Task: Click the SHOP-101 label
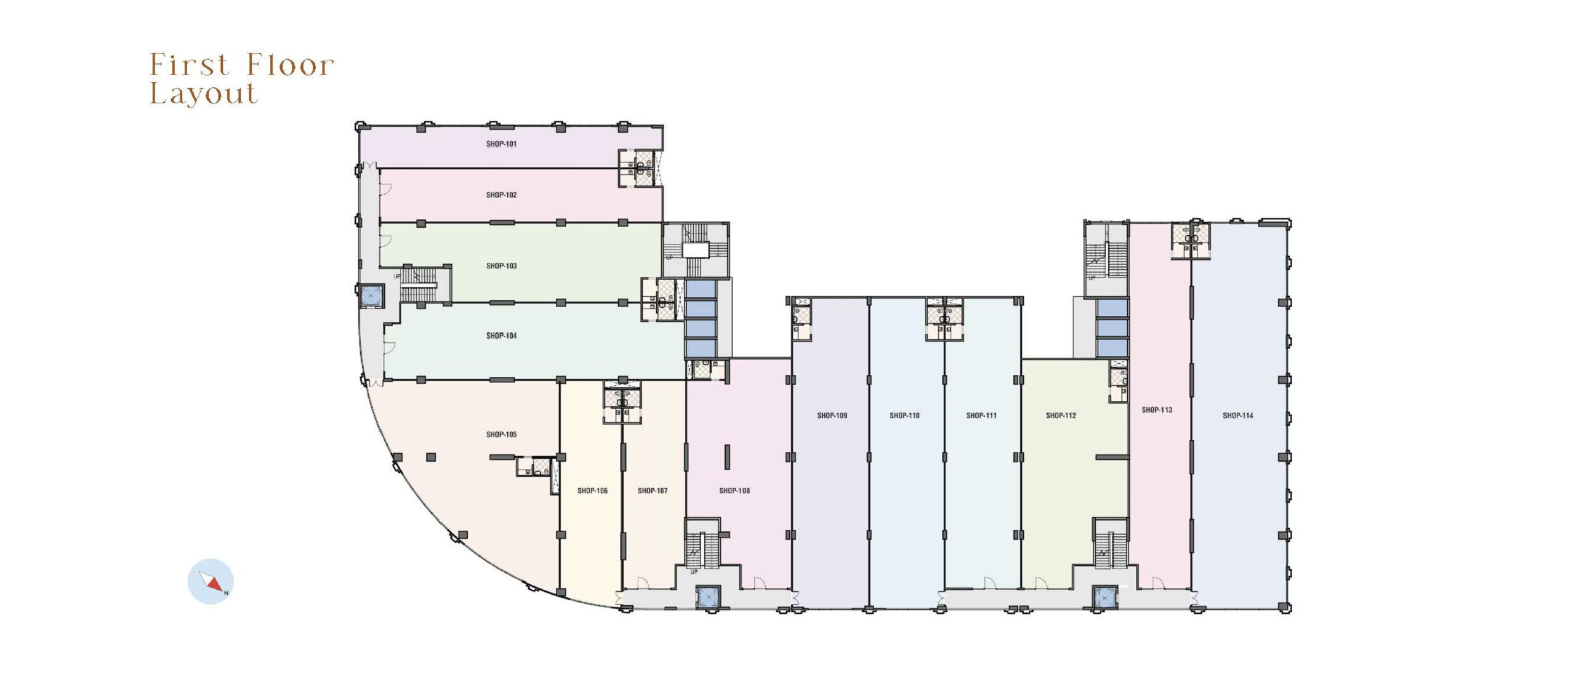click(x=501, y=144)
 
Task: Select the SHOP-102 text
click(x=501, y=195)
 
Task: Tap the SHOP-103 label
click(x=501, y=266)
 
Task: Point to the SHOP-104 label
click(x=501, y=336)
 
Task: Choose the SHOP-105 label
click(x=501, y=435)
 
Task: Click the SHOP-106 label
click(x=592, y=491)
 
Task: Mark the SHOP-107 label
click(x=653, y=491)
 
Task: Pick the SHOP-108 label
click(x=734, y=491)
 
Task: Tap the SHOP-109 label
click(x=832, y=416)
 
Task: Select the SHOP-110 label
click(x=904, y=416)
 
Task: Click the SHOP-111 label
click(x=981, y=416)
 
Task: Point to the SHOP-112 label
click(x=1061, y=416)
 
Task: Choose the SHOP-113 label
click(x=1157, y=410)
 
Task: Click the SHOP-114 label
click(x=1238, y=416)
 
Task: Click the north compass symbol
click(x=211, y=581)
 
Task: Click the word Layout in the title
click(x=204, y=94)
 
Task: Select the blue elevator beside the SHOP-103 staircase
click(x=370, y=297)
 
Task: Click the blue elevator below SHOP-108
click(x=707, y=597)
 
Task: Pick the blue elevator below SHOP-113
click(x=1104, y=598)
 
